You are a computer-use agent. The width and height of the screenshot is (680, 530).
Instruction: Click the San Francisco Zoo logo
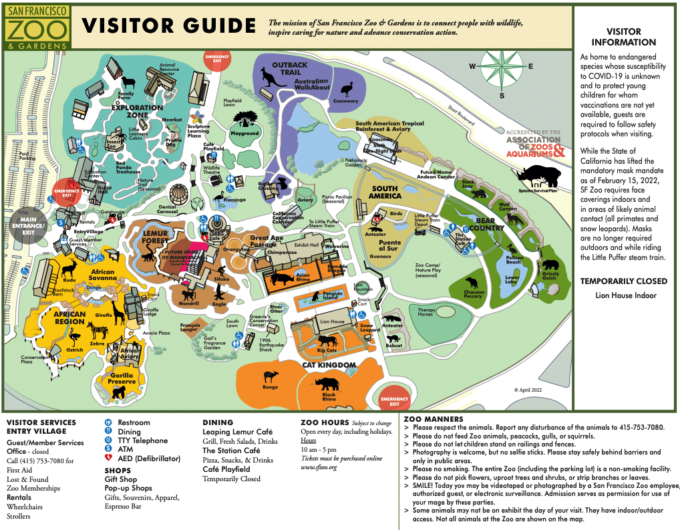pos(38,27)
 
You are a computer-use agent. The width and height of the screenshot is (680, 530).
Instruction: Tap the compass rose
pos(502,66)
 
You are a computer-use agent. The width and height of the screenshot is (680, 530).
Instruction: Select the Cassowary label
pos(346,101)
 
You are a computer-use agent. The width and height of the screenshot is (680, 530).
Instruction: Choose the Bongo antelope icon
pos(271,377)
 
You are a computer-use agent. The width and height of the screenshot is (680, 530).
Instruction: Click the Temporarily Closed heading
pos(623,281)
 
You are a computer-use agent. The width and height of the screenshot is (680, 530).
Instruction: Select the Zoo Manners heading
pos(433,419)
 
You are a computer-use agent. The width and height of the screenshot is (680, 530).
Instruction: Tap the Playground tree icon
pos(245,119)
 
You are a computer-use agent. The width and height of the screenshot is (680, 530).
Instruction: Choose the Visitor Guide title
pos(168,26)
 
